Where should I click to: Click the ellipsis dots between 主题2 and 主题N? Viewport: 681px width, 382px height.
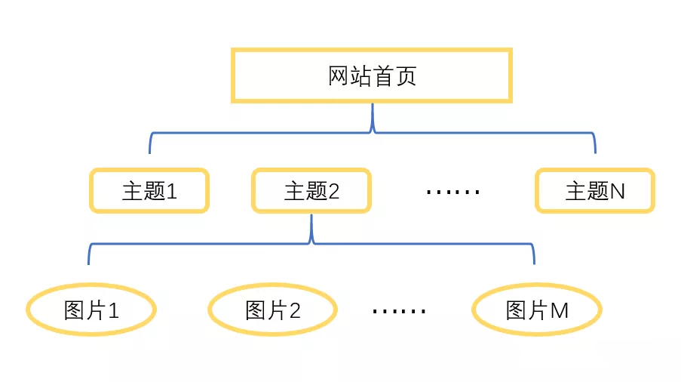453,192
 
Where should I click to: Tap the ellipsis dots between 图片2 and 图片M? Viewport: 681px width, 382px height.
399,311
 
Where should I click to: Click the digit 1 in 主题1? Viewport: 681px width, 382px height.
172,191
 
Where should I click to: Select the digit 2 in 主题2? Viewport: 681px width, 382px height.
333,191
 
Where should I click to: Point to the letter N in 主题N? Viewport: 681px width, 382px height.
618,191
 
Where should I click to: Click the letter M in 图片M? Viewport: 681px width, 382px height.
560,311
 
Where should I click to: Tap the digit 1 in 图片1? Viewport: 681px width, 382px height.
113,311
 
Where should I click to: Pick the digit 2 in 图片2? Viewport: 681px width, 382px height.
294,311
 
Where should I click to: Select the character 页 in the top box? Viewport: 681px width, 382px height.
406,76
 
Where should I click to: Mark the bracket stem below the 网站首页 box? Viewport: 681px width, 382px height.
373,117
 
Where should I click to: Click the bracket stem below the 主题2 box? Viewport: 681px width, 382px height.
311,228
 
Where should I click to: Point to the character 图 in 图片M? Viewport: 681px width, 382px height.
516,311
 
